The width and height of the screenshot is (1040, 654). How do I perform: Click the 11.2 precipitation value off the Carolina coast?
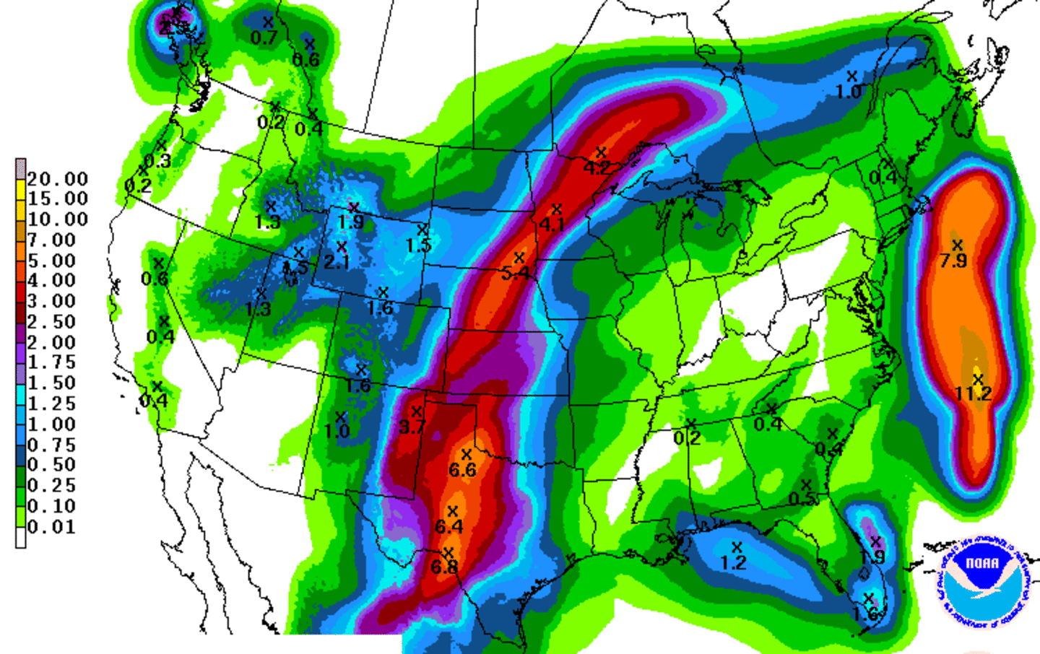(x=973, y=394)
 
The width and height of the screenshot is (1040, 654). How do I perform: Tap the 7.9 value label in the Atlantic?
(x=953, y=261)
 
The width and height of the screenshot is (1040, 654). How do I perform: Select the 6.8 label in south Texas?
(x=444, y=567)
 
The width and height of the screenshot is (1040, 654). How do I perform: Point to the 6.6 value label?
(x=462, y=471)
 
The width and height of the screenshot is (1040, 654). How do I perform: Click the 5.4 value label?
(x=515, y=274)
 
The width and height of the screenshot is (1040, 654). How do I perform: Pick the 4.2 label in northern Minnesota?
(x=597, y=168)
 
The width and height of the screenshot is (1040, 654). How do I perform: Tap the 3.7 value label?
(x=412, y=427)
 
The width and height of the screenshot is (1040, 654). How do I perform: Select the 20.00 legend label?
(x=58, y=179)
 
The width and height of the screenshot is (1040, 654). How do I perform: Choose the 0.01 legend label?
(x=51, y=527)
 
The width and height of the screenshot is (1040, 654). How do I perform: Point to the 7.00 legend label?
(x=51, y=240)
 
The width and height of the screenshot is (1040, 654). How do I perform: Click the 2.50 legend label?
(x=51, y=322)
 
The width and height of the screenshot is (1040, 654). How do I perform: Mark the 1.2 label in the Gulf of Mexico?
(x=733, y=563)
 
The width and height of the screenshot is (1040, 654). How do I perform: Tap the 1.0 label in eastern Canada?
(x=849, y=92)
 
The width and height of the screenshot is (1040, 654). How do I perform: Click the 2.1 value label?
(x=337, y=262)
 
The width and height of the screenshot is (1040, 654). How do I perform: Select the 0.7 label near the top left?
(x=264, y=38)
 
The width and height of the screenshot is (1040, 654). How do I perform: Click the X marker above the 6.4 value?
(x=452, y=511)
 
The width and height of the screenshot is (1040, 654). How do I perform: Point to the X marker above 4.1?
(x=556, y=209)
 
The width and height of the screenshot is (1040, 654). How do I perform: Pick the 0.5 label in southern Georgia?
(x=802, y=500)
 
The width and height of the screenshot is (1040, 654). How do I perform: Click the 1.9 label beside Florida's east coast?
(x=872, y=557)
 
